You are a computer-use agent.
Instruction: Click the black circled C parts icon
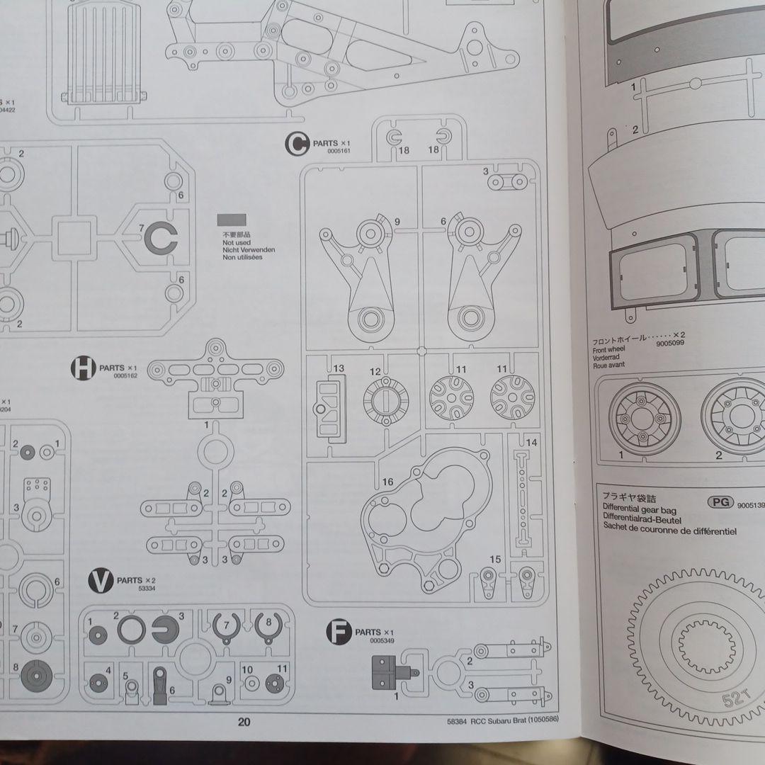pos(297,144)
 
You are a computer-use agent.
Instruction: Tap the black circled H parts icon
pos(83,368)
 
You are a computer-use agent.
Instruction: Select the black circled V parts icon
pos(101,581)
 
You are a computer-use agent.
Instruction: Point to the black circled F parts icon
pos(339,632)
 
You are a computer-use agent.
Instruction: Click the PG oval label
pos(720,502)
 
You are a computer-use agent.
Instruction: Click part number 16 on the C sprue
pos(387,482)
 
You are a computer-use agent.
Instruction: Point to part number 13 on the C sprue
pos(339,368)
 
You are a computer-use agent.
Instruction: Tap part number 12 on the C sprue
pos(375,371)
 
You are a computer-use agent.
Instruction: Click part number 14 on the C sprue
pos(532,443)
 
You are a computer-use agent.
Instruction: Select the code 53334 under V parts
pos(147,589)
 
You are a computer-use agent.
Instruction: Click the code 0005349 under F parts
pos(381,640)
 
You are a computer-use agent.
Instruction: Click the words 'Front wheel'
pos(608,349)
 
